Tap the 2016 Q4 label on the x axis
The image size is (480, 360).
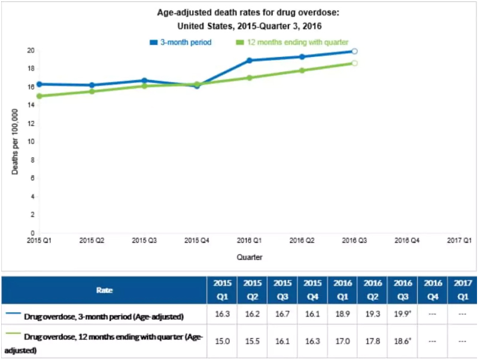406,240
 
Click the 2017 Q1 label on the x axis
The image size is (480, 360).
460,240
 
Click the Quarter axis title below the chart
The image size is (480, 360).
248,257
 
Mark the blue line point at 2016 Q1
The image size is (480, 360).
249,60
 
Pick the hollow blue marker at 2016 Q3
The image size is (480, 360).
354,51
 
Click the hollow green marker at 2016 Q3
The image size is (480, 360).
354,63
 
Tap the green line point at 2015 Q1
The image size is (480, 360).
39,96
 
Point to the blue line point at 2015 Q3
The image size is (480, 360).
144,80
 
